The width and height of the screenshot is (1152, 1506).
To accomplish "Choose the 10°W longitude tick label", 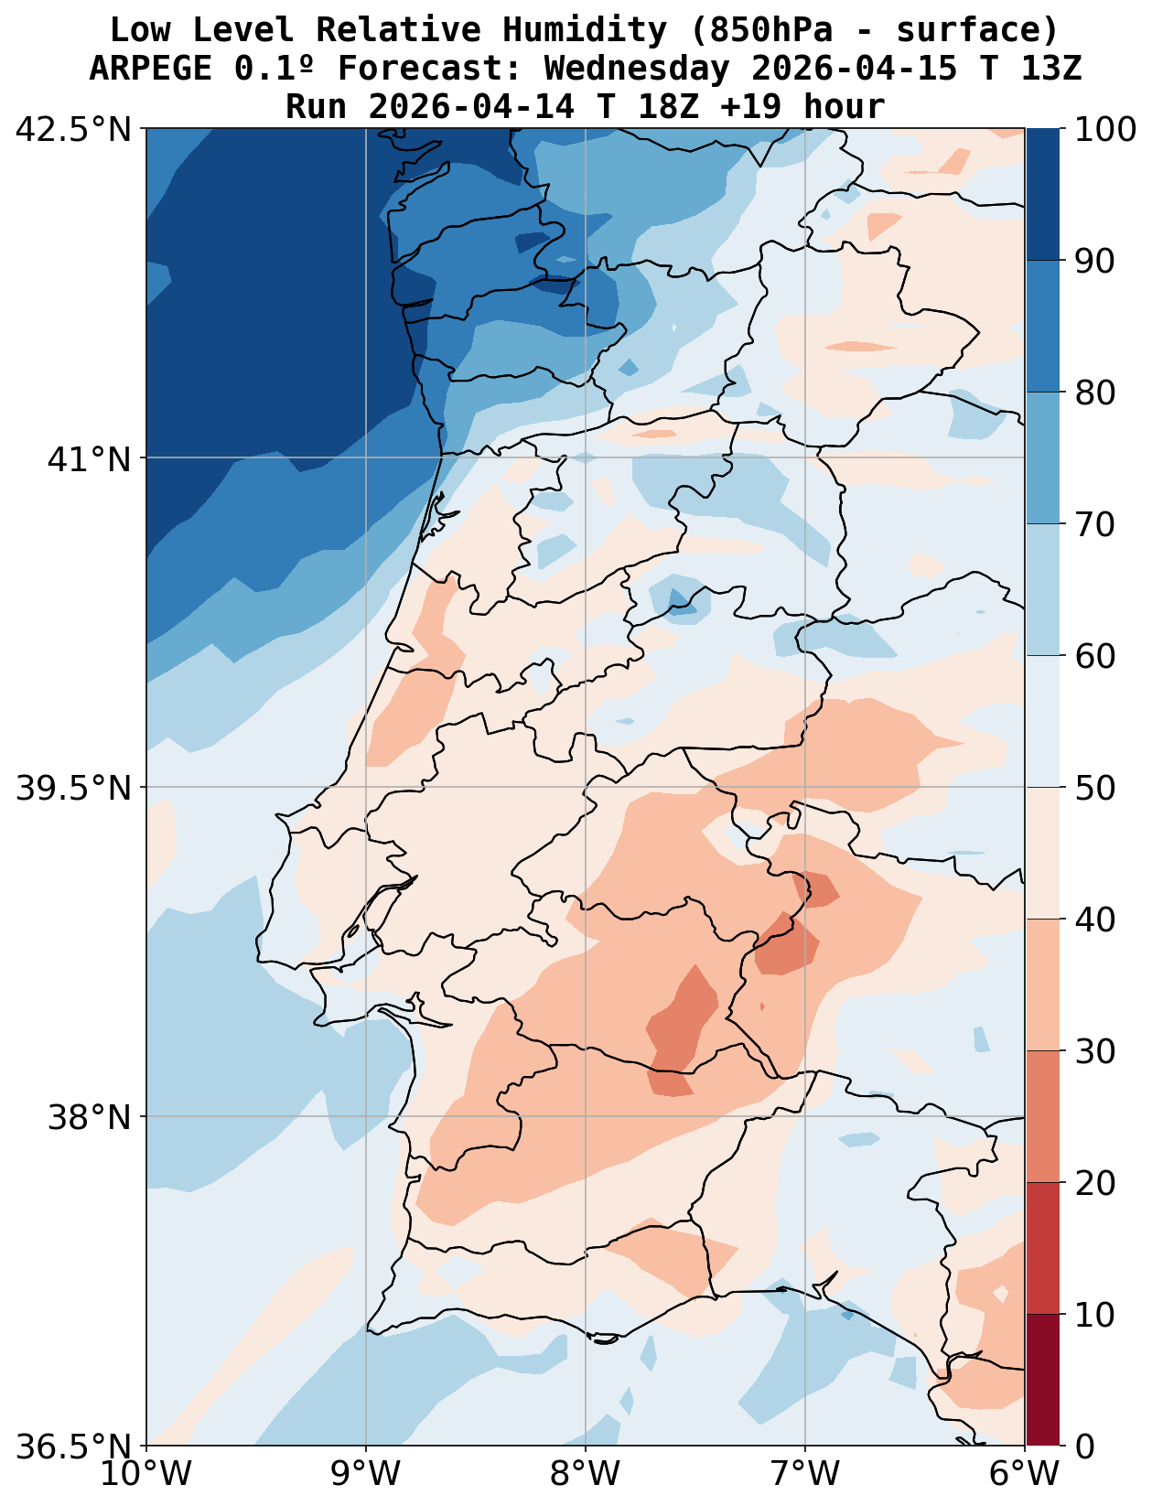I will (146, 1474).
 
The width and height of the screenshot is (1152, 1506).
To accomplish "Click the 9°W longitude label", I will (366, 1474).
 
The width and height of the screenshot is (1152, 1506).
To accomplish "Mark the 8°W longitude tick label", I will (586, 1474).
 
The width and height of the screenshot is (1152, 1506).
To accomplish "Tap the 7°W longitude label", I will (805, 1474).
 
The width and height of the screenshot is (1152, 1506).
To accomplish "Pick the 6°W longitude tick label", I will (1025, 1474).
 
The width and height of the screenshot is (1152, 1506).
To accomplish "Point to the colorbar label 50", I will (1094, 788).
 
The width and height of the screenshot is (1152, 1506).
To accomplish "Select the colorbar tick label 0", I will (1083, 1447).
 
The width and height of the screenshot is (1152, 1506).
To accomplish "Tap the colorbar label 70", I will (1094, 524).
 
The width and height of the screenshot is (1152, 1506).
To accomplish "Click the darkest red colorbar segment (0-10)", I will (1043, 1381).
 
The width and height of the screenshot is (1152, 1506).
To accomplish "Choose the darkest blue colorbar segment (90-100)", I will (1043, 195).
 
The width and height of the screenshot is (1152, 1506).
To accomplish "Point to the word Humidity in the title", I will (585, 30).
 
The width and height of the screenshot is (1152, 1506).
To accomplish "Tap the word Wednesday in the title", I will (638, 69).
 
